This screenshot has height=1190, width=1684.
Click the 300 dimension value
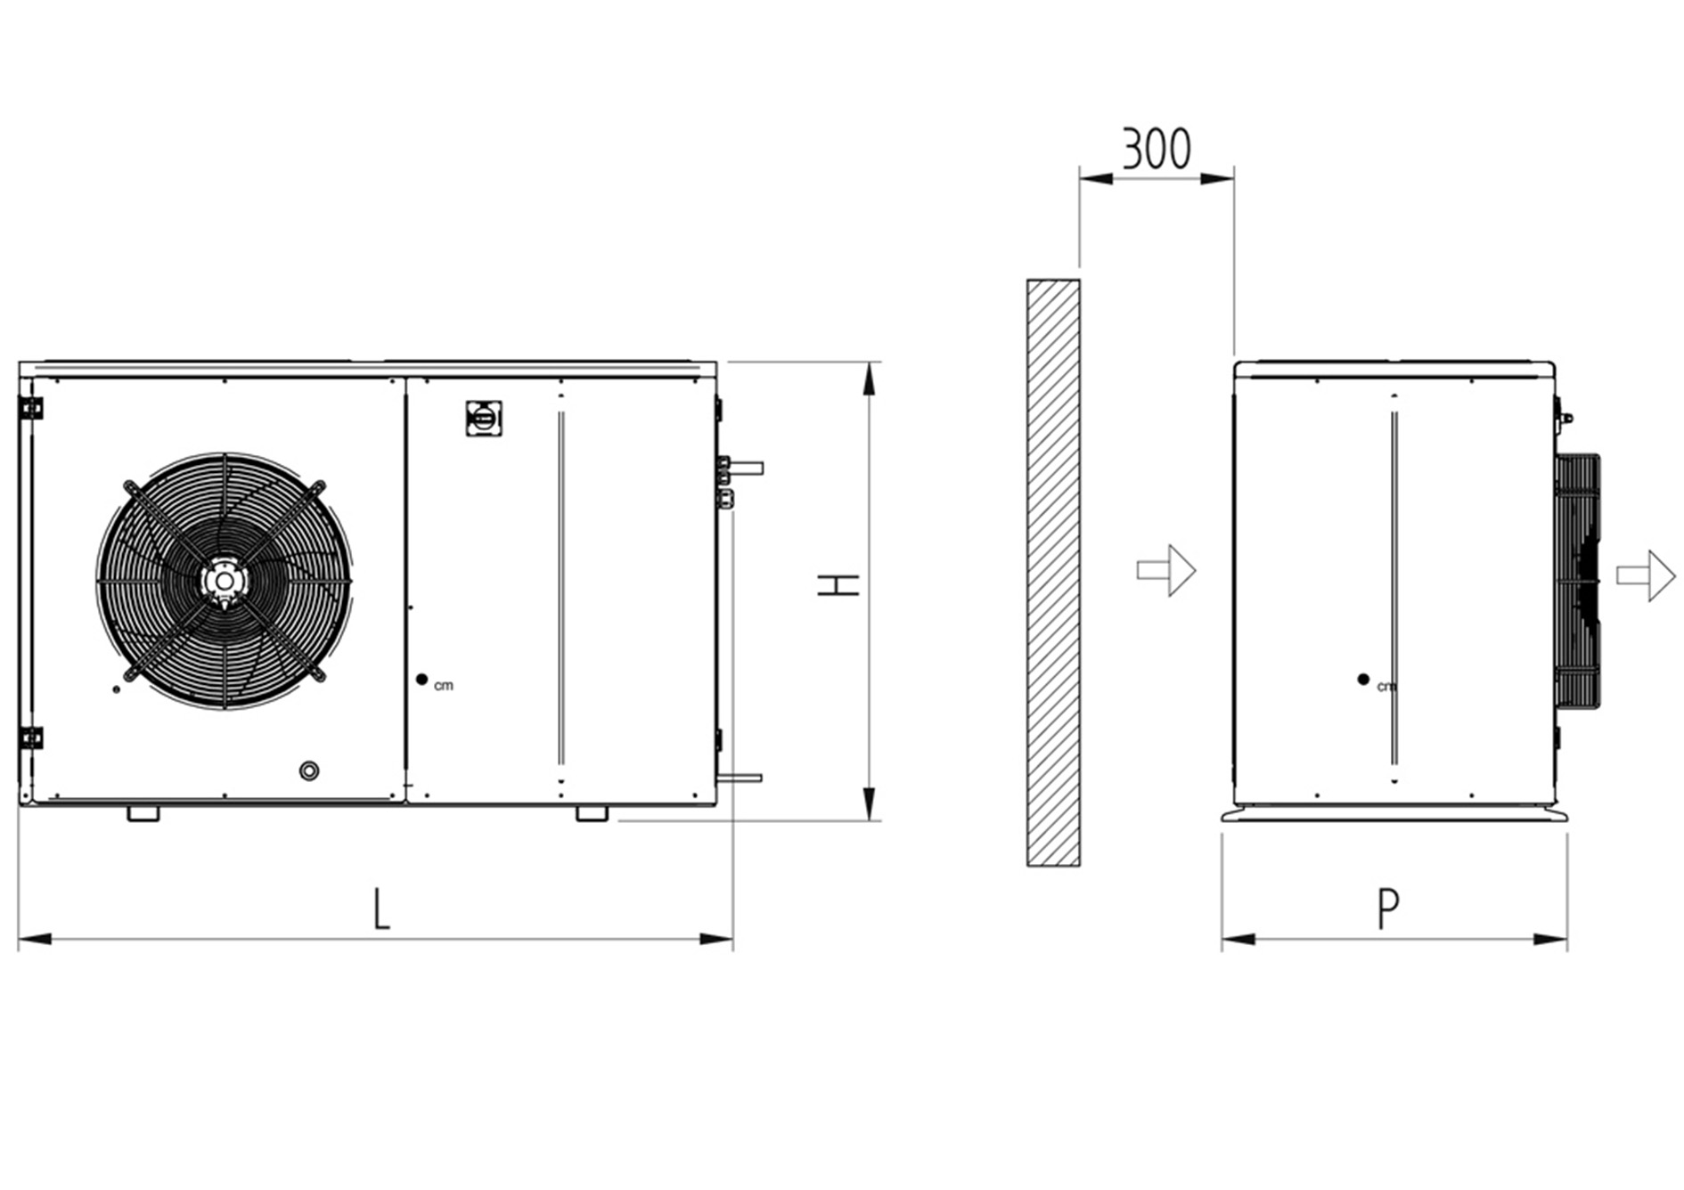pyautogui.click(x=1156, y=149)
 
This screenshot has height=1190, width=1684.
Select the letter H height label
pyautogui.click(x=838, y=585)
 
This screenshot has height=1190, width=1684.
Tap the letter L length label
pyautogui.click(x=381, y=909)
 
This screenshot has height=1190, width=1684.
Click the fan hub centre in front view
pyautogui.click(x=223, y=581)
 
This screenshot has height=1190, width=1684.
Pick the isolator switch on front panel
pyautogui.click(x=484, y=419)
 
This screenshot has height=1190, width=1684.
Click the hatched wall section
pyautogui.click(x=1053, y=573)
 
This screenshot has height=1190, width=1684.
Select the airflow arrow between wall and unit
pyautogui.click(x=1166, y=571)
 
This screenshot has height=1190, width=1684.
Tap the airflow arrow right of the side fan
pyautogui.click(x=1647, y=575)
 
